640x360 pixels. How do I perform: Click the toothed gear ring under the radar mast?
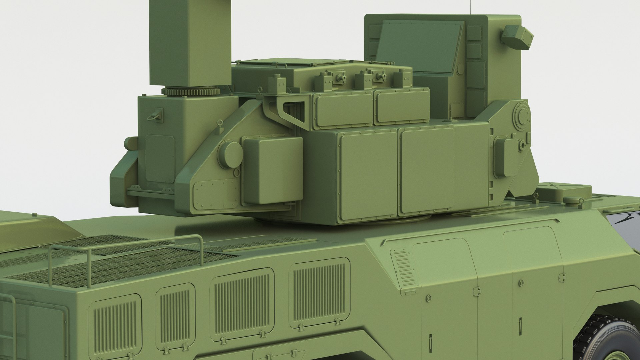[190, 91]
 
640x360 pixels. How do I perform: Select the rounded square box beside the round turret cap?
[273, 170]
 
